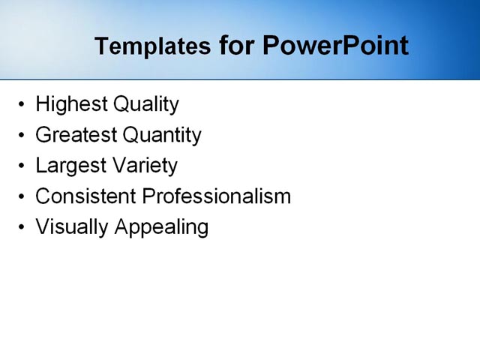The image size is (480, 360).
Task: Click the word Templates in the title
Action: coord(152,46)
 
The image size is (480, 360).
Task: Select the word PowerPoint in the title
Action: coord(335,46)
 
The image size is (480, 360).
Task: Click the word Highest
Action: coord(70,104)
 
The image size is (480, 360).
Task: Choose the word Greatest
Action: coord(76,135)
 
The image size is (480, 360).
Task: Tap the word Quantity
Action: coord(162,136)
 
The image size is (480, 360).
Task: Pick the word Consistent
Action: coord(85,196)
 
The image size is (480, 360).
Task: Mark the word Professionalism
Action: coord(216,196)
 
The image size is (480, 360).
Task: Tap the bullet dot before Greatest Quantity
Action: coord(22,136)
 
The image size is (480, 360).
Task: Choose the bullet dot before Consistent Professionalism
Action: coord(22,197)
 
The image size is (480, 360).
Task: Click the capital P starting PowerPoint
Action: coord(271,46)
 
